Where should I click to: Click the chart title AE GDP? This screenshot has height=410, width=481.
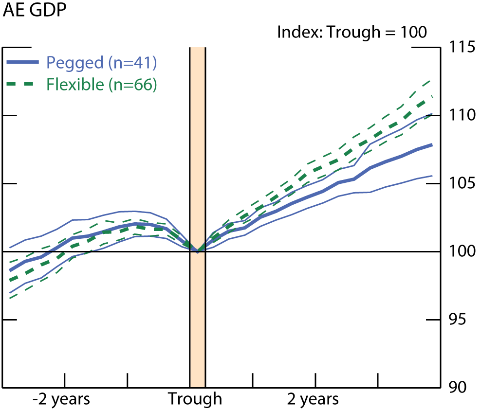coord(35,11)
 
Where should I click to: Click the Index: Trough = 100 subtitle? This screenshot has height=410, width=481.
coord(351,33)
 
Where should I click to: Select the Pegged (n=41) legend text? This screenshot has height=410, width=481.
coord(101,62)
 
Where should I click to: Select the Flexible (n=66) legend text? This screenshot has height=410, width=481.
coord(101,84)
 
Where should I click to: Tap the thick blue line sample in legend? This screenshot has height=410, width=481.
coord(22,62)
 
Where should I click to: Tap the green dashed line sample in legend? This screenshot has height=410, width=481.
coord(22,84)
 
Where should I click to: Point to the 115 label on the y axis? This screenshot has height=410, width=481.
coord(459,48)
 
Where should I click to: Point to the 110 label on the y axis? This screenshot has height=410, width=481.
coord(459,115)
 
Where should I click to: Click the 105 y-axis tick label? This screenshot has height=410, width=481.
coord(459,183)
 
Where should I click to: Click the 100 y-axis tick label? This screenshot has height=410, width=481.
coord(459,251)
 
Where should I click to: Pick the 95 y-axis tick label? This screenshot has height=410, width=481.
coord(455,320)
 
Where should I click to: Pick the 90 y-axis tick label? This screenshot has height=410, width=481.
coord(455,387)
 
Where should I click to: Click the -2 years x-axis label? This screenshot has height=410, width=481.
coord(61,399)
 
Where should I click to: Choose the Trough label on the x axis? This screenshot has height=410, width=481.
coord(195,399)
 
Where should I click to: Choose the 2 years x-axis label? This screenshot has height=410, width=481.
coord(313,399)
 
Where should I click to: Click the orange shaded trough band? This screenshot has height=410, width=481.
coord(197,146)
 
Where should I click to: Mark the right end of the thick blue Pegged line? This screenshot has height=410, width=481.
coord(432,145)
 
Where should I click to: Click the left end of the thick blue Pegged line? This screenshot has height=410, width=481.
coord(10,270)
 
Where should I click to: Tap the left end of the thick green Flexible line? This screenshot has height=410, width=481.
coord(10,281)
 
